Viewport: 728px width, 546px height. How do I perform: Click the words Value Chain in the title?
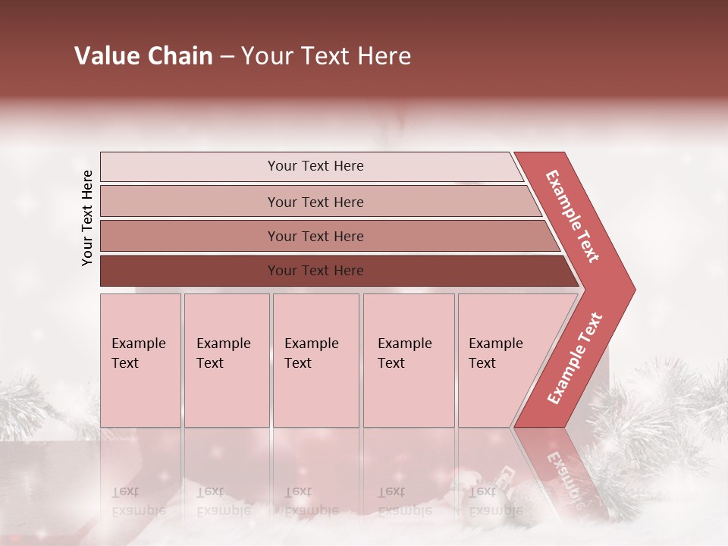coord(143,56)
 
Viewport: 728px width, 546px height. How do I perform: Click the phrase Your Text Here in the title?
coord(326,56)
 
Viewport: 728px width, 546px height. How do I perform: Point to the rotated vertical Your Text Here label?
coord(87,218)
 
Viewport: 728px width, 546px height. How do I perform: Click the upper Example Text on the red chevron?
coord(573,216)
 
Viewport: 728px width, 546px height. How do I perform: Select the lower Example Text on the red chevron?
coord(575,358)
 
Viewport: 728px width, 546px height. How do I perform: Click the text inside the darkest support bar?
coord(315,271)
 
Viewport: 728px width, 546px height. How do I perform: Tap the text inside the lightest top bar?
coord(315,166)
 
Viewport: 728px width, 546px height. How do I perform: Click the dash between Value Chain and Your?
coord(227,57)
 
